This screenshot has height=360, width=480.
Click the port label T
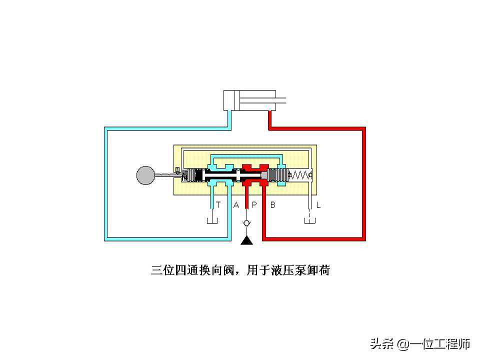click(218, 204)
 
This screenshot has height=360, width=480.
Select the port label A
click(236, 204)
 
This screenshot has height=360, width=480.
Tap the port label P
click(253, 204)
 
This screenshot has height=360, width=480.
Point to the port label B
click(273, 204)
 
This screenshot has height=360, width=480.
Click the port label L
click(318, 204)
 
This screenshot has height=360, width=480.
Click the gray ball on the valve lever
click(146, 175)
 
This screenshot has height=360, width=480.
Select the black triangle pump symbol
click(246, 241)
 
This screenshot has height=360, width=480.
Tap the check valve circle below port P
click(246, 223)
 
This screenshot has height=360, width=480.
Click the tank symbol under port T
click(212, 220)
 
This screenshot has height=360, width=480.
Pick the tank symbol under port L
click(310, 220)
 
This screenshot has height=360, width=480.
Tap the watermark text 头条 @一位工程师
click(420, 343)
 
